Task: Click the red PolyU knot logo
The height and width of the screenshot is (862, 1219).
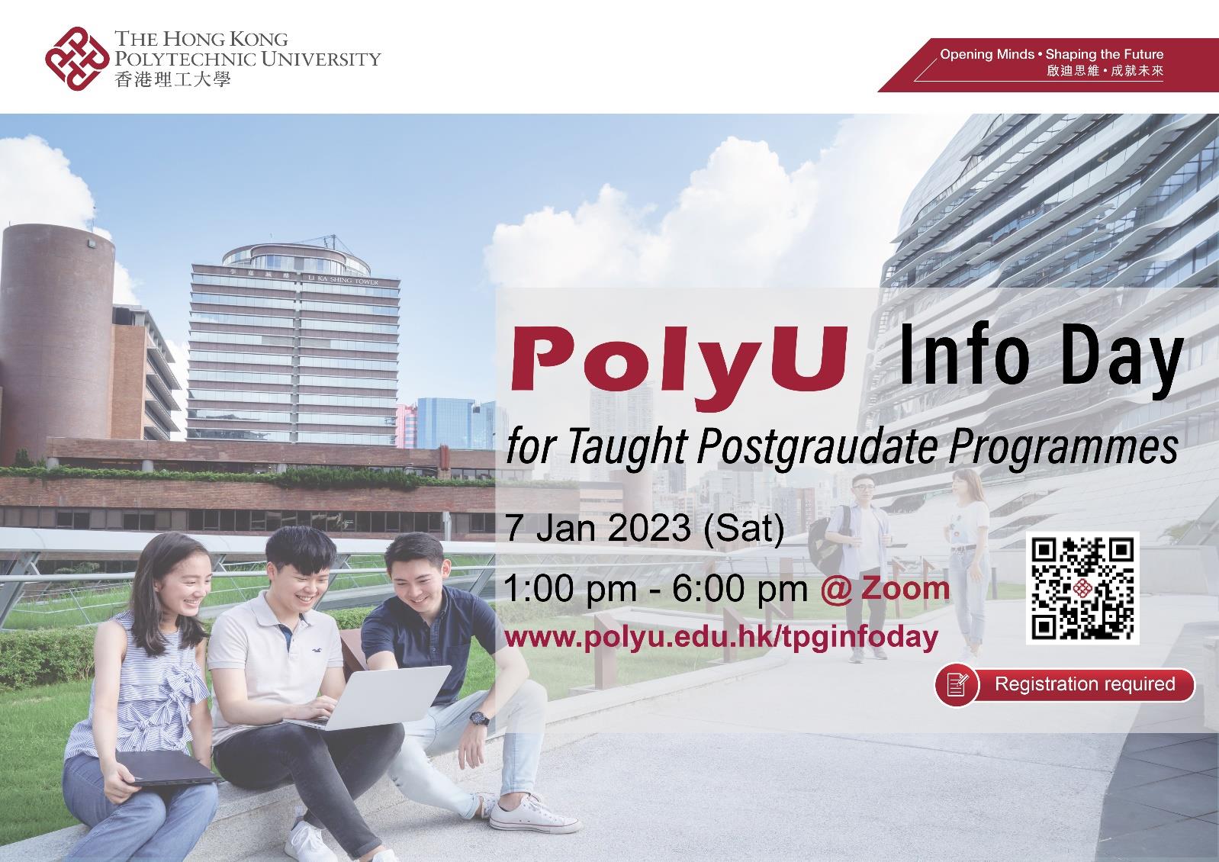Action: [x=76, y=58]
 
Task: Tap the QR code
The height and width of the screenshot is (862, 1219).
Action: [x=1084, y=587]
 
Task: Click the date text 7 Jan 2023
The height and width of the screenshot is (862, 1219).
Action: [x=598, y=528]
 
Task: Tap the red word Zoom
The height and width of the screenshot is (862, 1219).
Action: [x=905, y=588]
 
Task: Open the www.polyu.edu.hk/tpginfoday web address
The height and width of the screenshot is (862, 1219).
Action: [x=721, y=636]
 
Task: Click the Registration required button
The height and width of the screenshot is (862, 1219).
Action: [x=1084, y=683]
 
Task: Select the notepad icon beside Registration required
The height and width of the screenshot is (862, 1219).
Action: [x=957, y=684]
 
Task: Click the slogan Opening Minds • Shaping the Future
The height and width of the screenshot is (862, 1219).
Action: [x=1050, y=55]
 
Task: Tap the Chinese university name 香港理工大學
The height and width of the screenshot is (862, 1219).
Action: [x=172, y=79]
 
